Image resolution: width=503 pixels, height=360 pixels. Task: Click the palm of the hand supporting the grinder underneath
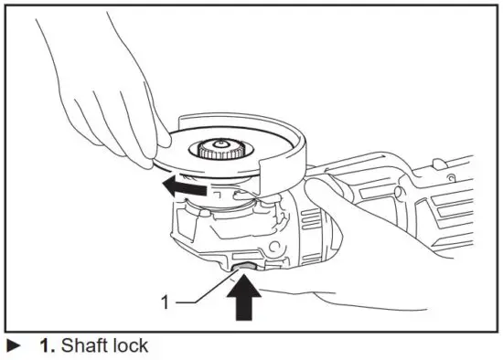302,292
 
